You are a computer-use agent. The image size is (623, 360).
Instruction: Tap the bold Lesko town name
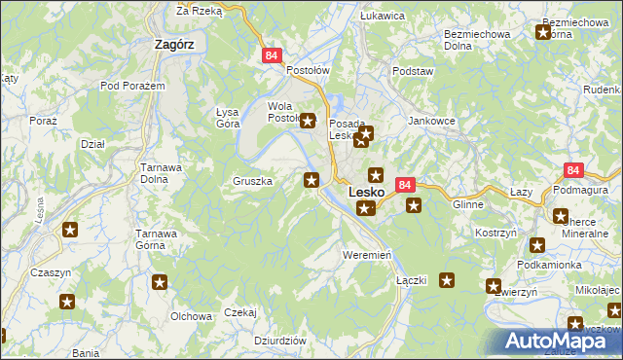tap(365, 194)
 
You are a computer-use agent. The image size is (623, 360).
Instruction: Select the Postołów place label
tap(309, 71)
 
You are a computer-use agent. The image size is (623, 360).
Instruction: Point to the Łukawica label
tap(383, 16)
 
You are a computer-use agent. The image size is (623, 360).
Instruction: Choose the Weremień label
tap(367, 254)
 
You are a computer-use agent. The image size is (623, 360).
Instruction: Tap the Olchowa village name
tap(192, 316)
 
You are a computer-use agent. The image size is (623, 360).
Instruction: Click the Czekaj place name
tap(239, 312)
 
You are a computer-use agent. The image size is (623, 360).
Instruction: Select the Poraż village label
tap(43, 120)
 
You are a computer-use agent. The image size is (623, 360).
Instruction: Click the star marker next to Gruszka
tap(311, 179)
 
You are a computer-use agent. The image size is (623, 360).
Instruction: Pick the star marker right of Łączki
tap(447, 281)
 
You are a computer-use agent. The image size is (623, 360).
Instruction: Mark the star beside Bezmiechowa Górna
tap(543, 33)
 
